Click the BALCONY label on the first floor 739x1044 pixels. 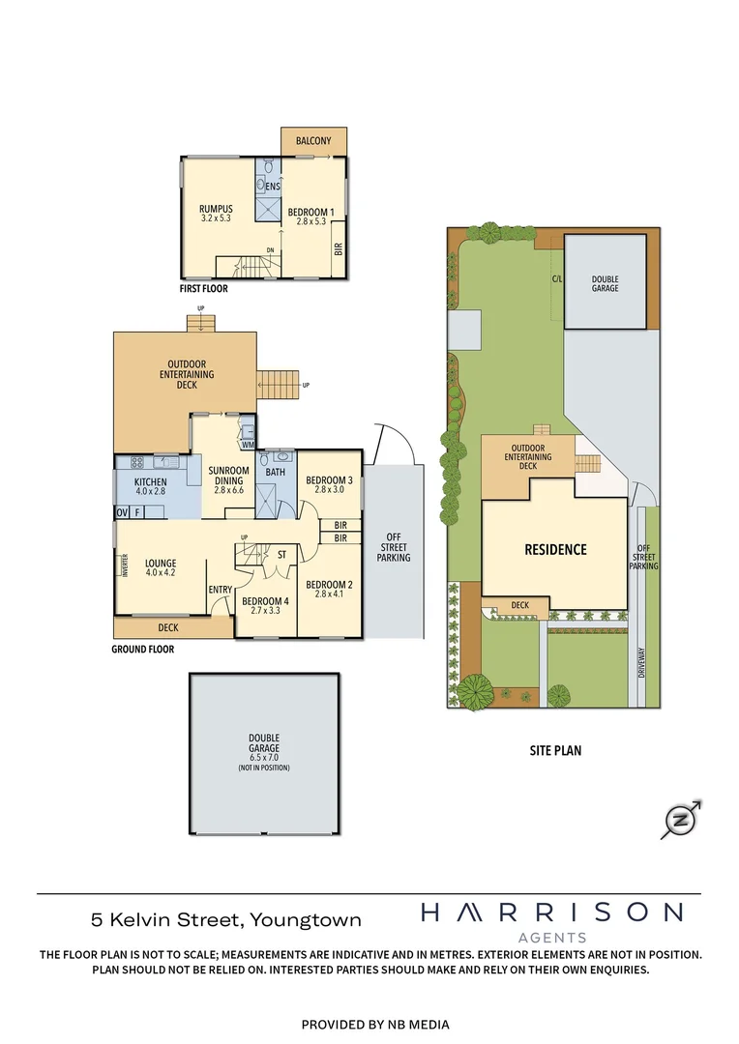click(313, 141)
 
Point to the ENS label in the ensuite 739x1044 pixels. click(274, 187)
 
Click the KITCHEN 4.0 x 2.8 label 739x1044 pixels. click(150, 486)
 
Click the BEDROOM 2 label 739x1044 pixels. click(329, 590)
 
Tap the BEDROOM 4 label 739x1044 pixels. click(264, 606)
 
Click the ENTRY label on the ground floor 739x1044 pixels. click(220, 590)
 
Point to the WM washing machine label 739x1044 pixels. click(248, 445)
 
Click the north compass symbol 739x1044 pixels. click(680, 820)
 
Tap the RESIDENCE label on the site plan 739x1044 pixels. click(555, 550)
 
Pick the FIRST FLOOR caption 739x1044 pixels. click(203, 288)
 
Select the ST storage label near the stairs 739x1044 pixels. click(281, 555)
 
